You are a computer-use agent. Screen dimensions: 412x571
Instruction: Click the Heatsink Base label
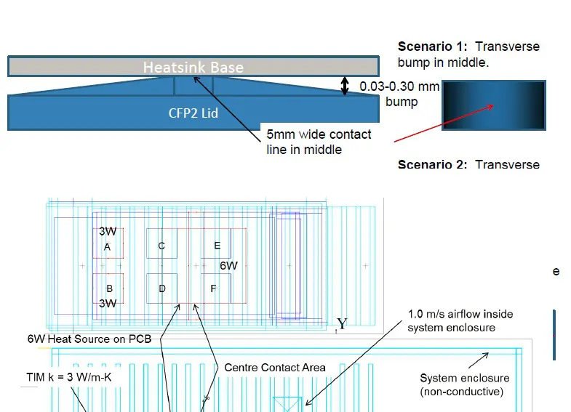[x=193, y=68]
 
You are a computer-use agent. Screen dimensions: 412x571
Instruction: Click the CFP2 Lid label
[x=193, y=113]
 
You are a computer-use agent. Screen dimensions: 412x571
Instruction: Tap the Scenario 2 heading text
[x=468, y=164]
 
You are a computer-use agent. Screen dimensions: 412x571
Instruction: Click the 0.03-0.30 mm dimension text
[x=399, y=86]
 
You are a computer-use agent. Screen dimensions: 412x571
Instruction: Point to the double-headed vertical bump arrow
[x=346, y=86]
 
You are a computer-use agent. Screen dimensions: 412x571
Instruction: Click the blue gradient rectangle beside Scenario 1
[x=494, y=105]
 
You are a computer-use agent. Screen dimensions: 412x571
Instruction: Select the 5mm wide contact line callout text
[x=319, y=142]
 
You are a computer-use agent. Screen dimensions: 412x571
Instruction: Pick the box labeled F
[x=214, y=288]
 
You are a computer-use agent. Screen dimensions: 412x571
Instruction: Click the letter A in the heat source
[x=108, y=247]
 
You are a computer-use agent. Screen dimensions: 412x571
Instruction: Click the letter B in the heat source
[x=109, y=288]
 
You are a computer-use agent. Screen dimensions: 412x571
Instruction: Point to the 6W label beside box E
[x=228, y=266]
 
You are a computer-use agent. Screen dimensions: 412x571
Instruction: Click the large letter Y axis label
[x=342, y=324]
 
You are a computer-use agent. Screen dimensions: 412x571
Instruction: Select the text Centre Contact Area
[x=275, y=368]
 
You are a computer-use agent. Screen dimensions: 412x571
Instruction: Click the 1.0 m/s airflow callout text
[x=460, y=320]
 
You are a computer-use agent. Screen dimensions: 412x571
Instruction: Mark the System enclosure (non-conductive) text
[x=465, y=385]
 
